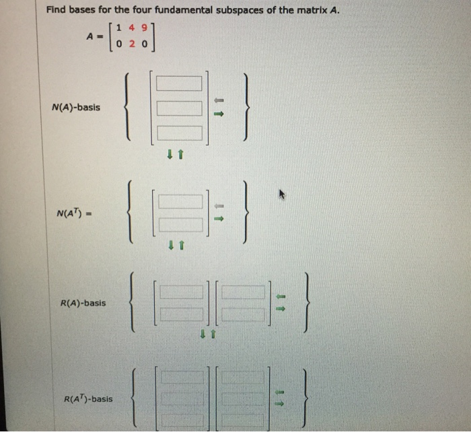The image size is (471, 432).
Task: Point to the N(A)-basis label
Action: pos(75,107)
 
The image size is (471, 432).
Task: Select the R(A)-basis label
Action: pos(82,303)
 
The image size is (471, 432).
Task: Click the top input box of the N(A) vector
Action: pos(179,84)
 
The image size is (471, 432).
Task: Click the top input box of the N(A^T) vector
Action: pos(179,201)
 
